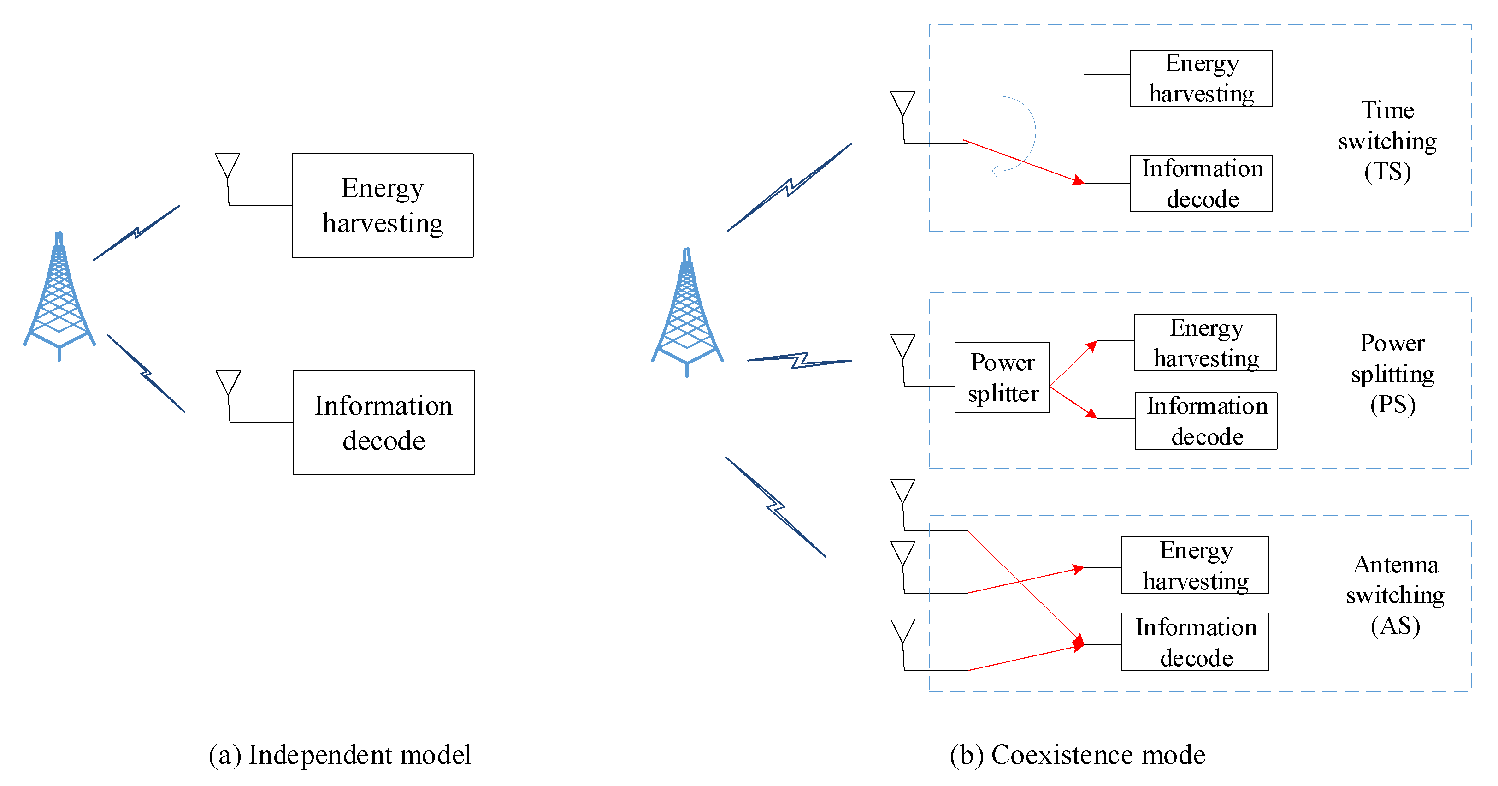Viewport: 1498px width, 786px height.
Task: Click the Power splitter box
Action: pyautogui.click(x=1002, y=378)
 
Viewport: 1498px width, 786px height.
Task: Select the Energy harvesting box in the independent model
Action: pyautogui.click(x=383, y=205)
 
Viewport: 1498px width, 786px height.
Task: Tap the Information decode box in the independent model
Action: pyautogui.click(x=384, y=423)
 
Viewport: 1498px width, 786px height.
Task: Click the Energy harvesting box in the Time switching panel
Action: pyautogui.click(x=1201, y=78)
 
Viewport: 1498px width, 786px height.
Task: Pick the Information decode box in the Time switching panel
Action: pyautogui.click(x=1202, y=183)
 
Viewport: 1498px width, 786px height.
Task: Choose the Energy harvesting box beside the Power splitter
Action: pyautogui.click(x=1205, y=343)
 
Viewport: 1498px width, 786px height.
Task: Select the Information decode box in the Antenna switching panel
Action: pyautogui.click(x=1195, y=642)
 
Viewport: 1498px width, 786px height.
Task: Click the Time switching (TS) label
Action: pyautogui.click(x=1387, y=141)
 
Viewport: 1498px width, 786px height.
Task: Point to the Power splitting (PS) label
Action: pyautogui.click(x=1393, y=374)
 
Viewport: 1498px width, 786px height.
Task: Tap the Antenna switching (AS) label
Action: pyautogui.click(x=1396, y=595)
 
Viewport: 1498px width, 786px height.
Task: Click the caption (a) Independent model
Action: pyautogui.click(x=340, y=755)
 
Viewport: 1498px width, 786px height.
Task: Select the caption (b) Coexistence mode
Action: pyautogui.click(x=1078, y=755)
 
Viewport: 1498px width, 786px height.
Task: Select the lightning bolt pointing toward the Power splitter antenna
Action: pyautogui.click(x=800, y=361)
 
